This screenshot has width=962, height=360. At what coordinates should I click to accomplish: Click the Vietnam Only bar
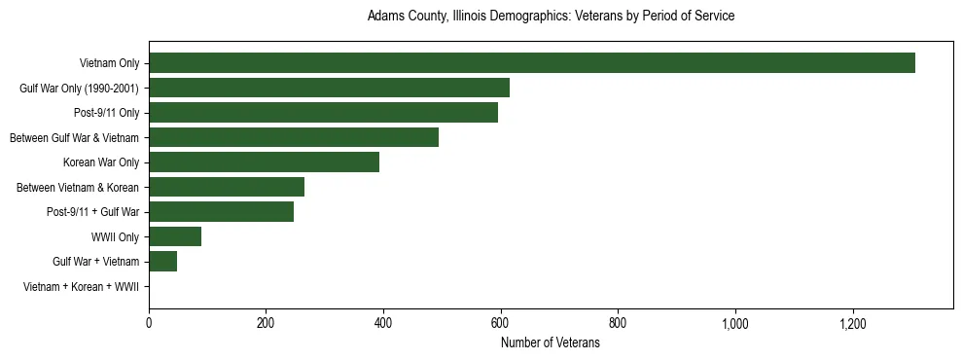[532, 63]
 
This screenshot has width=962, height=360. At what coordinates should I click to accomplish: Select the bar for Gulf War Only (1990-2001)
[329, 88]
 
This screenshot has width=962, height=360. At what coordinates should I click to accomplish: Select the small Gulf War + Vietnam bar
[162, 261]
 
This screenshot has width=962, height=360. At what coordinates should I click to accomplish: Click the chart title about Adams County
[551, 17]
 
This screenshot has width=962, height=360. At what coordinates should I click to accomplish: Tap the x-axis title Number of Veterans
[551, 343]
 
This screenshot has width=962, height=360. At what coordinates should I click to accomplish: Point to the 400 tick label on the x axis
[383, 323]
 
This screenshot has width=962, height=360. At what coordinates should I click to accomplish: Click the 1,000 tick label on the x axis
[734, 323]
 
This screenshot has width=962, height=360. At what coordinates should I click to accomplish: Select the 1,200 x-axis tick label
[852, 323]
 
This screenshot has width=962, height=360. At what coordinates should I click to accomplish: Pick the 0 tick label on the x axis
[149, 323]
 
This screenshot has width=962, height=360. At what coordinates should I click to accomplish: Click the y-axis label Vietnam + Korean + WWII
[81, 286]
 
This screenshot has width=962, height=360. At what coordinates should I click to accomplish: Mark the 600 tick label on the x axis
[500, 323]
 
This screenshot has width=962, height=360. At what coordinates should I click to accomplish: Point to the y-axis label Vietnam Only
[109, 63]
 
